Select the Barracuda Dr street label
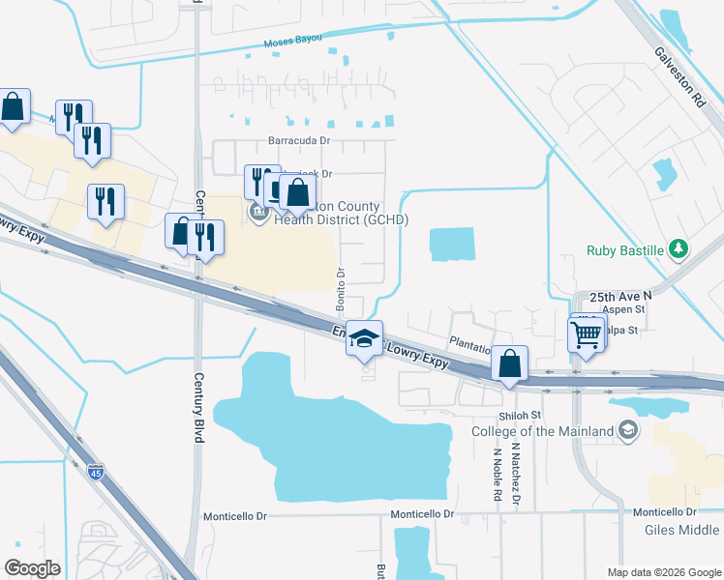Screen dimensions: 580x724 (299, 140)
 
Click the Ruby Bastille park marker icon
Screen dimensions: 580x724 (679, 249)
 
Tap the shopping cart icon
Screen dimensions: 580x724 (586, 335)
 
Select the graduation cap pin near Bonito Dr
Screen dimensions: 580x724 (365, 338)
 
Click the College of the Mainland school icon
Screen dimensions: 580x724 (628, 429)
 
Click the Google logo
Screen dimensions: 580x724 (33, 568)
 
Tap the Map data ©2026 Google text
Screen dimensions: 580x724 (664, 572)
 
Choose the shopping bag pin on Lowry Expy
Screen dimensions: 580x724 (510, 363)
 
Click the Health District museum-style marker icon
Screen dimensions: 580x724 (258, 212)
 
